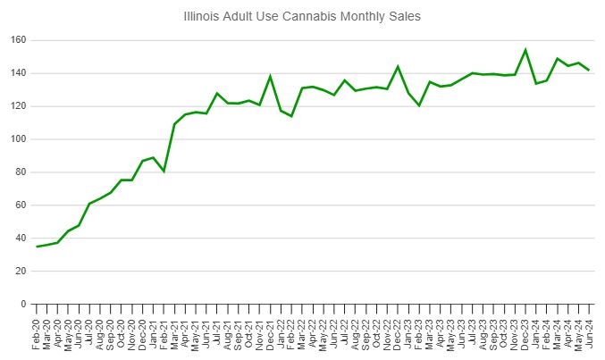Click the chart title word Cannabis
315,16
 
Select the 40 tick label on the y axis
18,239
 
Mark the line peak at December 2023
525,50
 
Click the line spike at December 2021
270,77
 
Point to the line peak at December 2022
398,66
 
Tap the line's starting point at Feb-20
37,247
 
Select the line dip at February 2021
164,171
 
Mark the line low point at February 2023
419,105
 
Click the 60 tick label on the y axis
18,205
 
